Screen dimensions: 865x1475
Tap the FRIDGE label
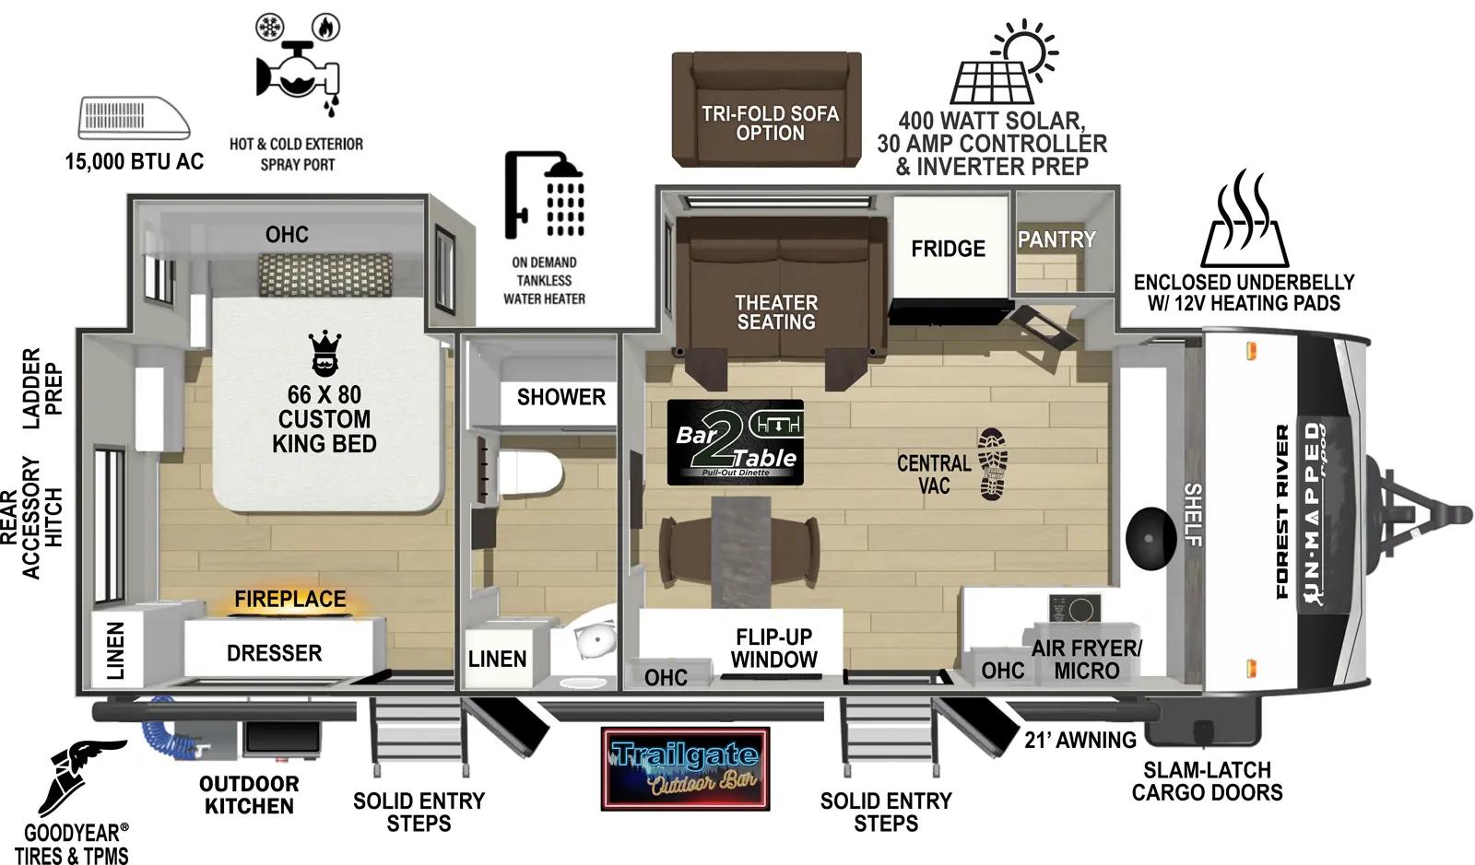[948, 249]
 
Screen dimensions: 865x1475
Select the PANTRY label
[1056, 240]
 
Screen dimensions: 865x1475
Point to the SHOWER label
[560, 397]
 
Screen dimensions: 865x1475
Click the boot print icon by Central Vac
[993, 463]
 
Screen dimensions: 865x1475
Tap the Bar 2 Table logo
[735, 442]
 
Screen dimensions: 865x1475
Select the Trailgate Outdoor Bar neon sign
[685, 769]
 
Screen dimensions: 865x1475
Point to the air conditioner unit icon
[134, 118]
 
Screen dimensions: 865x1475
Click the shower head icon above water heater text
[544, 195]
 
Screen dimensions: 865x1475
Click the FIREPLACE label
[289, 599]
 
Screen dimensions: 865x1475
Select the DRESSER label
[275, 653]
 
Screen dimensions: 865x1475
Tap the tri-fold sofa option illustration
[767, 109]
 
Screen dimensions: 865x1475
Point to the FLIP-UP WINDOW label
[774, 649]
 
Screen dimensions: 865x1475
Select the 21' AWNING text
[1080, 740]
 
